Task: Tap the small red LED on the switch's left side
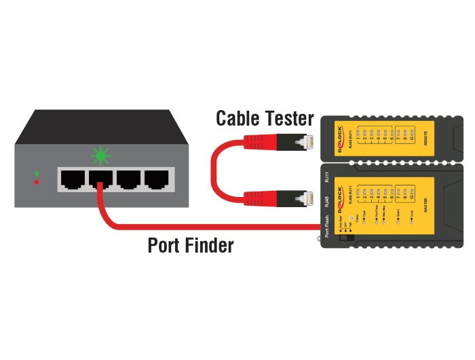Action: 37,182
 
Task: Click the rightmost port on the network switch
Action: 156,179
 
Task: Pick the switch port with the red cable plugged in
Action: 100,179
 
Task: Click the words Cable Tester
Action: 265,119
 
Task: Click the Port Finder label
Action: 191,245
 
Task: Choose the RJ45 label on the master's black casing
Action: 327,200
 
